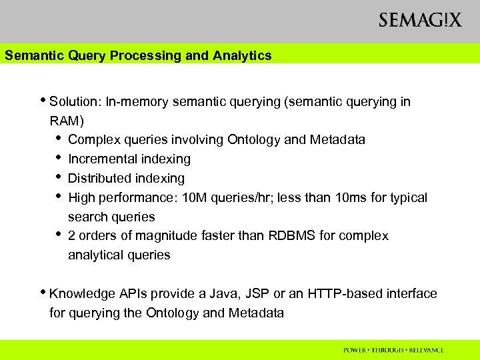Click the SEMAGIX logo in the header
(419, 20)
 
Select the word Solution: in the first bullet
(74, 102)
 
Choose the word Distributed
(99, 178)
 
